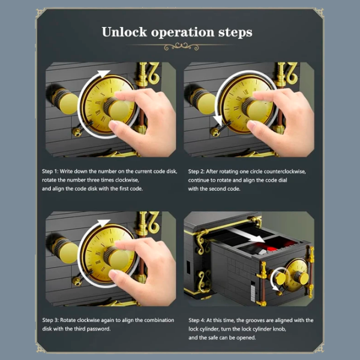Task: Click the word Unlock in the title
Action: point(124,32)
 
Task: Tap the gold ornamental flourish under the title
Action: point(181,47)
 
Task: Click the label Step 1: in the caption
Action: point(50,172)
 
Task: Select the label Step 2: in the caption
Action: point(197,172)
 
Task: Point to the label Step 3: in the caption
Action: point(50,320)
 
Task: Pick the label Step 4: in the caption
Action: point(197,320)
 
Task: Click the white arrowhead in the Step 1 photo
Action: point(104,73)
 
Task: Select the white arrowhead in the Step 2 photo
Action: point(217,121)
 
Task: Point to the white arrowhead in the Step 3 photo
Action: point(104,223)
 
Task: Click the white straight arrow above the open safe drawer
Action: point(247,235)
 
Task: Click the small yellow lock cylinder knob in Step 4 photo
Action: point(280,278)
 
